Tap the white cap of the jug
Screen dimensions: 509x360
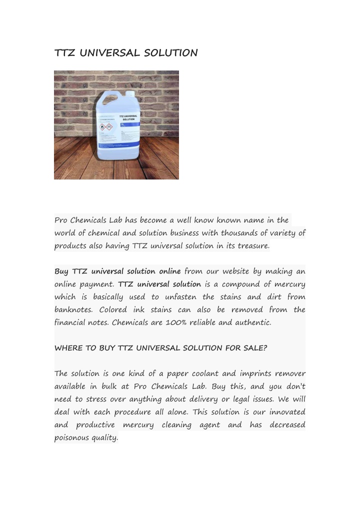129,92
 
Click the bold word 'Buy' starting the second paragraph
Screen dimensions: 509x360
61,271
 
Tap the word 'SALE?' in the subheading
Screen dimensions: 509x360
255,348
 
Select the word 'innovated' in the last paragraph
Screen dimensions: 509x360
287,412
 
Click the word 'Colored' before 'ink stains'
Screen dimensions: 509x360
113,310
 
